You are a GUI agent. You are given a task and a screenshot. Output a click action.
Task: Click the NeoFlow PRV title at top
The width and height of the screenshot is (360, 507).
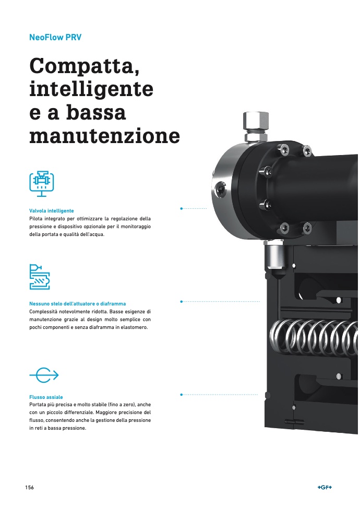click(55, 37)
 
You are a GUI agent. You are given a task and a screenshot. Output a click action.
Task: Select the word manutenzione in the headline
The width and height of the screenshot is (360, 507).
click(104, 136)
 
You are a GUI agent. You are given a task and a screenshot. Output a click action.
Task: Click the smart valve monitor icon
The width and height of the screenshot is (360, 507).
click(42, 184)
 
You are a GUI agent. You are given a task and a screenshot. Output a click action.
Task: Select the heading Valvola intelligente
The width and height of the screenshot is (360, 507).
click(51, 211)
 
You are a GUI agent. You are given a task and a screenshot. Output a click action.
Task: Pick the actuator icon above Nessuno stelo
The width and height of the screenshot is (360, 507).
click(40, 277)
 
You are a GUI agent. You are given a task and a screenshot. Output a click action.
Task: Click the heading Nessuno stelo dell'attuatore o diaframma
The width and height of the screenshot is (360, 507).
click(78, 303)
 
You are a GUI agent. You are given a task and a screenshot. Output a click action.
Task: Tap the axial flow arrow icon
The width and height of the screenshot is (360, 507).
click(44, 375)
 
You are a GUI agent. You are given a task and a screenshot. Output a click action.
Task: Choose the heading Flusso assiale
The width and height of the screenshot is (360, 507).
click(46, 397)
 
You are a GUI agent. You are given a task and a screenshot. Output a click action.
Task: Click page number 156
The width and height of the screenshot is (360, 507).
click(29, 487)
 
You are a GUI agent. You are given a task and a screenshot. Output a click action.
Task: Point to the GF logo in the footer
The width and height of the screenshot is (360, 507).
click(325, 487)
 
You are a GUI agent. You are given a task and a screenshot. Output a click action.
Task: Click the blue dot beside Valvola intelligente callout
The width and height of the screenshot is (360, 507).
click(182, 208)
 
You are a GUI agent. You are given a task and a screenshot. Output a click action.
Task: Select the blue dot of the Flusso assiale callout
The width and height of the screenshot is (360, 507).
click(182, 394)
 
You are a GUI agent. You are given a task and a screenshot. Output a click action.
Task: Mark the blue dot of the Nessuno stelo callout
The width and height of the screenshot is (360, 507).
click(182, 301)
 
